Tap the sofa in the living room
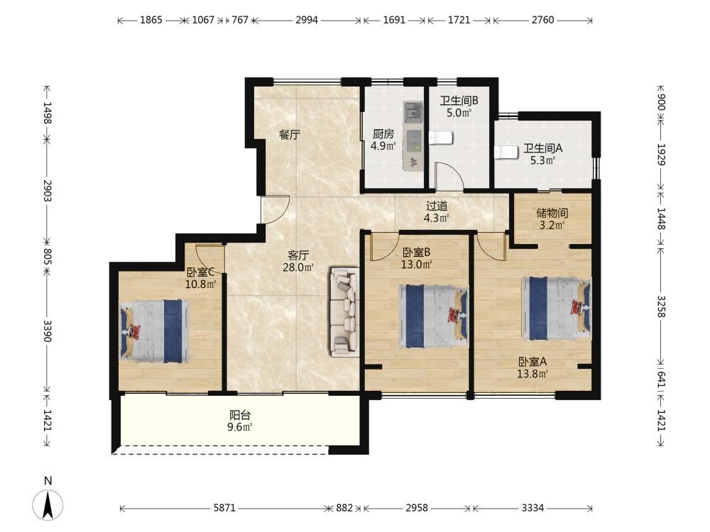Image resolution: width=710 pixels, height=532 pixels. (344, 311)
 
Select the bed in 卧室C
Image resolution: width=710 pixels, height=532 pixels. (154, 331)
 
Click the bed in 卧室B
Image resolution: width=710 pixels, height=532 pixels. (433, 316)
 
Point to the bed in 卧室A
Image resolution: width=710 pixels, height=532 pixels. (557, 308)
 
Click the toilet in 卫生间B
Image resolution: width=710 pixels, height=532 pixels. (441, 138)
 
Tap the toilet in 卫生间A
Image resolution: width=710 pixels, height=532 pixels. (506, 153)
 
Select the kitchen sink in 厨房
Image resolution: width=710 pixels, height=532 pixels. (413, 111)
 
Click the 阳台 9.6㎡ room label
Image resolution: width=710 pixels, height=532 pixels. (239, 421)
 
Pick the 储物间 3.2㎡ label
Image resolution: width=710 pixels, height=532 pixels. (552, 219)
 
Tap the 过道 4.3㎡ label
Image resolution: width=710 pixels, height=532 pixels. (437, 212)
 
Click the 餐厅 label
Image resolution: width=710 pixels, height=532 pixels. (290, 134)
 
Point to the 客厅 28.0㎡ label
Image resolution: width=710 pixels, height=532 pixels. (298, 261)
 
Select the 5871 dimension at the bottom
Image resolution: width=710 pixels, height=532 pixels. (224, 508)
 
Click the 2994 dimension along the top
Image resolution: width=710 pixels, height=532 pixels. (307, 20)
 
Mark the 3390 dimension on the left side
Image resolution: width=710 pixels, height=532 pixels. (48, 331)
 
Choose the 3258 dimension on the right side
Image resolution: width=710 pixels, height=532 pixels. (661, 306)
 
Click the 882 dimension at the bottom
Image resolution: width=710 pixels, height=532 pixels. (344, 508)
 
